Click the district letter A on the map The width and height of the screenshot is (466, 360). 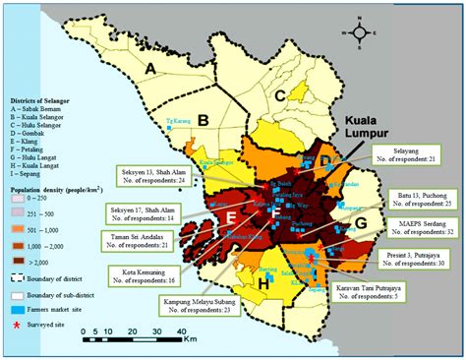tap(151, 68)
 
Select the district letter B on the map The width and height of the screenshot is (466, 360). tap(202, 120)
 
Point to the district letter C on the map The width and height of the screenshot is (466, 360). tap(280, 94)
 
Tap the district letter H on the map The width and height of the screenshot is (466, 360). tap(264, 283)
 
